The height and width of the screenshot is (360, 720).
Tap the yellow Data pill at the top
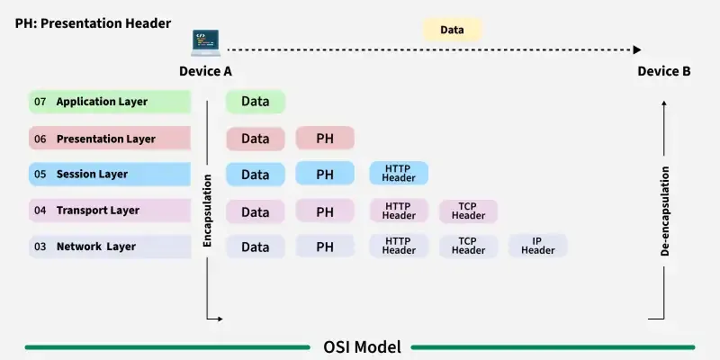point(452,30)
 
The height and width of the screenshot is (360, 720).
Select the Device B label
point(664,71)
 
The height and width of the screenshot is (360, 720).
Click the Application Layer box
point(110,102)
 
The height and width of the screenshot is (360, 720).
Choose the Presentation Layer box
point(110,139)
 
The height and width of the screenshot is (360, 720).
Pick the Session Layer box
point(110,174)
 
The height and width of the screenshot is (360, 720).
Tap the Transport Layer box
point(110,211)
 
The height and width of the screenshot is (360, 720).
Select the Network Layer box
point(110,247)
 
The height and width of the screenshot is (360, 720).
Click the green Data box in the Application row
point(256,102)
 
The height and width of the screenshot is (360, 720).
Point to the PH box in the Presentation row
point(325,139)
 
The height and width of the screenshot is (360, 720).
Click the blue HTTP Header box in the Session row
point(399,174)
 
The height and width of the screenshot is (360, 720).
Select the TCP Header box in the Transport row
point(468,211)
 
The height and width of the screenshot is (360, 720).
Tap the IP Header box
point(538,246)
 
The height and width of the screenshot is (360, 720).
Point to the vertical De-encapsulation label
point(665,211)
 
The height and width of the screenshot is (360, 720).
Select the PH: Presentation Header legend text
point(93,22)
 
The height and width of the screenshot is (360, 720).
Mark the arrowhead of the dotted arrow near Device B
point(637,49)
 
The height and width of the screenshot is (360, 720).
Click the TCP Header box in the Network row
point(468,246)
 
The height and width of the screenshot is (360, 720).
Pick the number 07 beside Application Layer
point(40,102)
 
